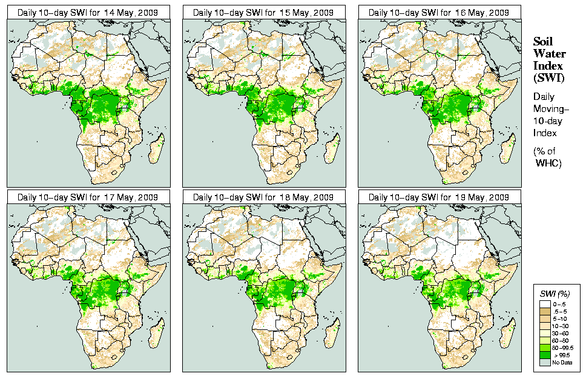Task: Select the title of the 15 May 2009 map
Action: [263, 12]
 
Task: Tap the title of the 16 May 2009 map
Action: [439, 12]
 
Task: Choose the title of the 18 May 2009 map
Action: [263, 197]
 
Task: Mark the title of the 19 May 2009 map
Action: [439, 197]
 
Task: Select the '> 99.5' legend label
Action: [561, 355]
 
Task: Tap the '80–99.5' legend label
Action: [564, 348]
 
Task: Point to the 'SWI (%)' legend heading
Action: [555, 293]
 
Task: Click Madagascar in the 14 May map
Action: [157, 148]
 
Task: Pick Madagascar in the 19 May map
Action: [508, 334]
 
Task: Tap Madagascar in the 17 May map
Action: [157, 334]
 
